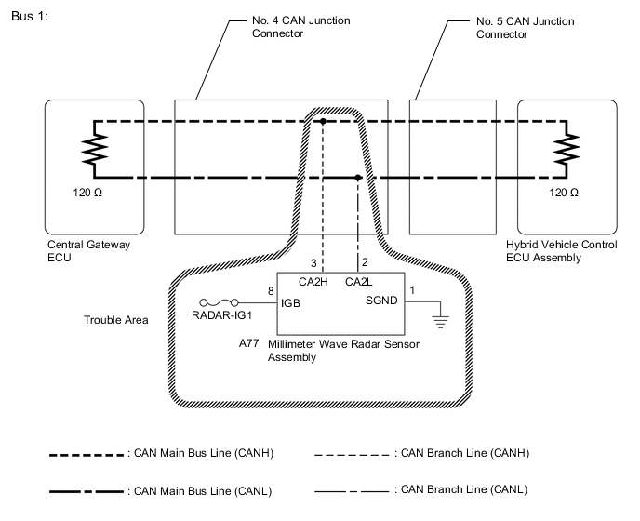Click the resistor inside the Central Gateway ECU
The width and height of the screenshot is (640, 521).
(94, 149)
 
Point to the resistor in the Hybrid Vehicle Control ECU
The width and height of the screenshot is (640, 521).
(563, 149)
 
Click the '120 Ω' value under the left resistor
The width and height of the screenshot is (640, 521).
(93, 193)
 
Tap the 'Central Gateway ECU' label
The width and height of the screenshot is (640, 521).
(88, 251)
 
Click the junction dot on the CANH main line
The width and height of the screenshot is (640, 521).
(323, 122)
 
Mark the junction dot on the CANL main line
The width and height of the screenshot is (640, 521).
(358, 177)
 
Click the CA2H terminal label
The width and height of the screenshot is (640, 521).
(312, 282)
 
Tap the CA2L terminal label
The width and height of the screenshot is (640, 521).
(358, 282)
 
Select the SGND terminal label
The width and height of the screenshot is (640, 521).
(380, 302)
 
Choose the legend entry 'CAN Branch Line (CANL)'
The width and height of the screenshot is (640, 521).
(461, 488)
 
